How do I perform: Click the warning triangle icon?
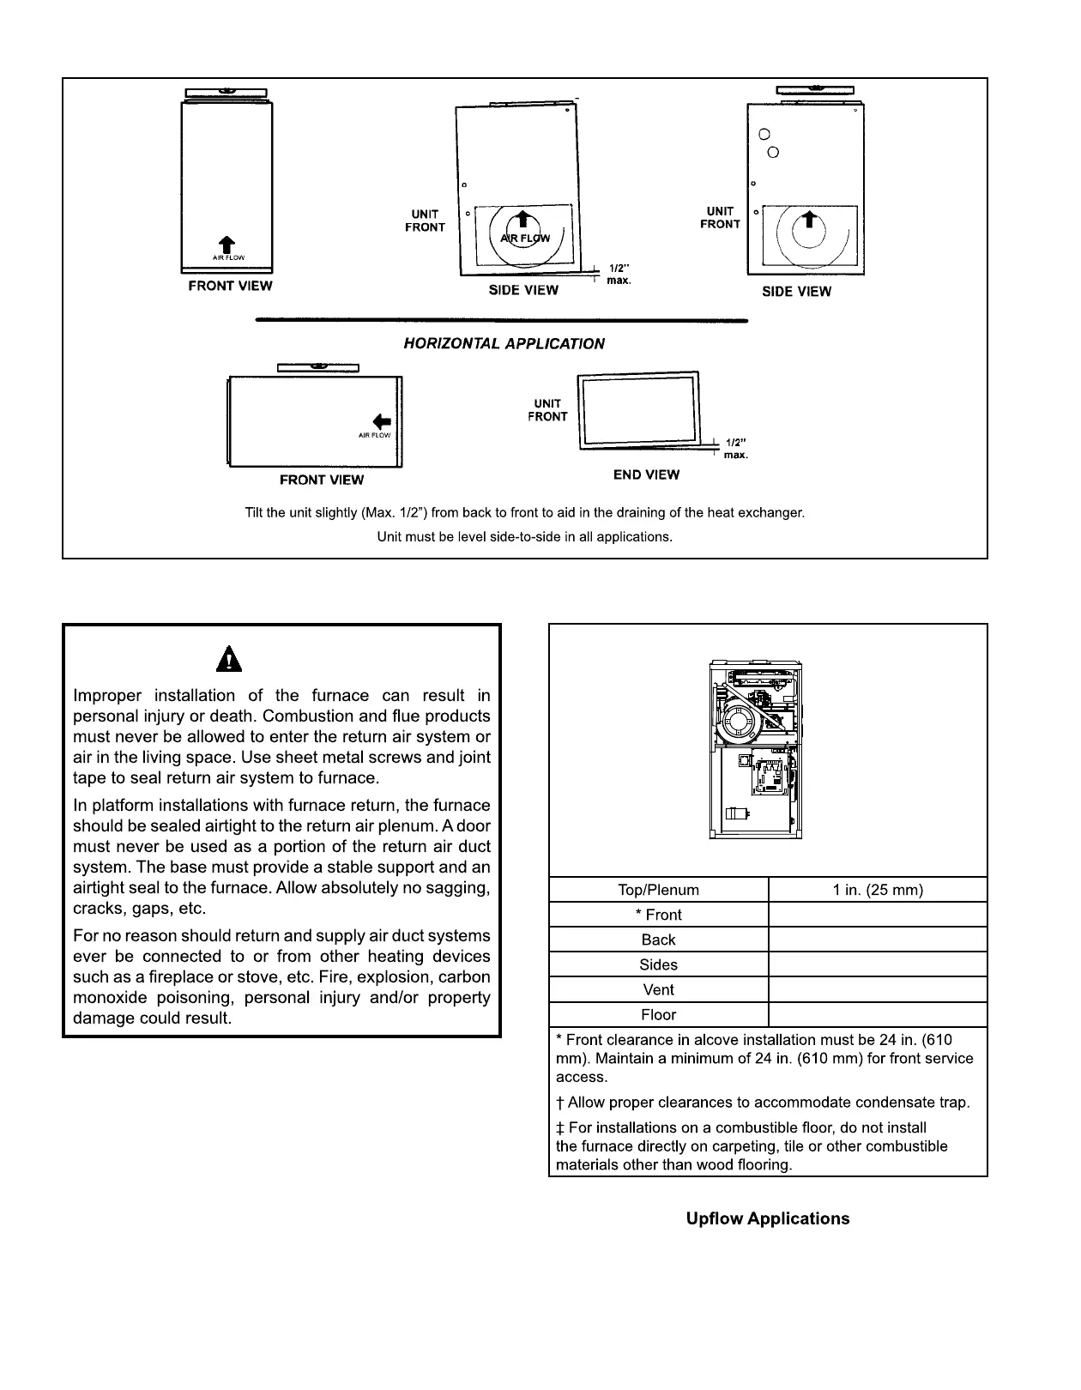point(229,659)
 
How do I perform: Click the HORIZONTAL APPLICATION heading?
point(504,343)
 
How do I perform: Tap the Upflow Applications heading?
point(767,1218)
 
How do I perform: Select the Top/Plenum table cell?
point(658,890)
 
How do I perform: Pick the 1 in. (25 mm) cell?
point(878,890)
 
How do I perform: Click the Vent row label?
point(658,989)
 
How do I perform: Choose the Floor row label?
point(658,1014)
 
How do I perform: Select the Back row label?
point(658,940)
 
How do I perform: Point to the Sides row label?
point(658,964)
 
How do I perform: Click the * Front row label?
point(658,915)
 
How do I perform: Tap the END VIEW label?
point(646,474)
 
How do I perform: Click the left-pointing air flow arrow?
point(383,421)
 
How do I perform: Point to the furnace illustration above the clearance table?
point(755,749)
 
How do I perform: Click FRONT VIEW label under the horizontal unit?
point(322,480)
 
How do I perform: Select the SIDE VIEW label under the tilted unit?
point(523,290)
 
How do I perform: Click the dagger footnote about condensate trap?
point(763,1103)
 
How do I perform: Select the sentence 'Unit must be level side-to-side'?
point(524,536)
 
